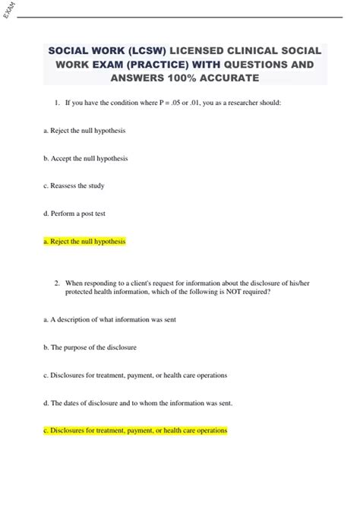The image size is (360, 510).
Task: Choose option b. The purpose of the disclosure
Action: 90,347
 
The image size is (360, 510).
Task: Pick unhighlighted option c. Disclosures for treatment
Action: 135,375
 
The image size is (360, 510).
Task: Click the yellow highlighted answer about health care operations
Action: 135,430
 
